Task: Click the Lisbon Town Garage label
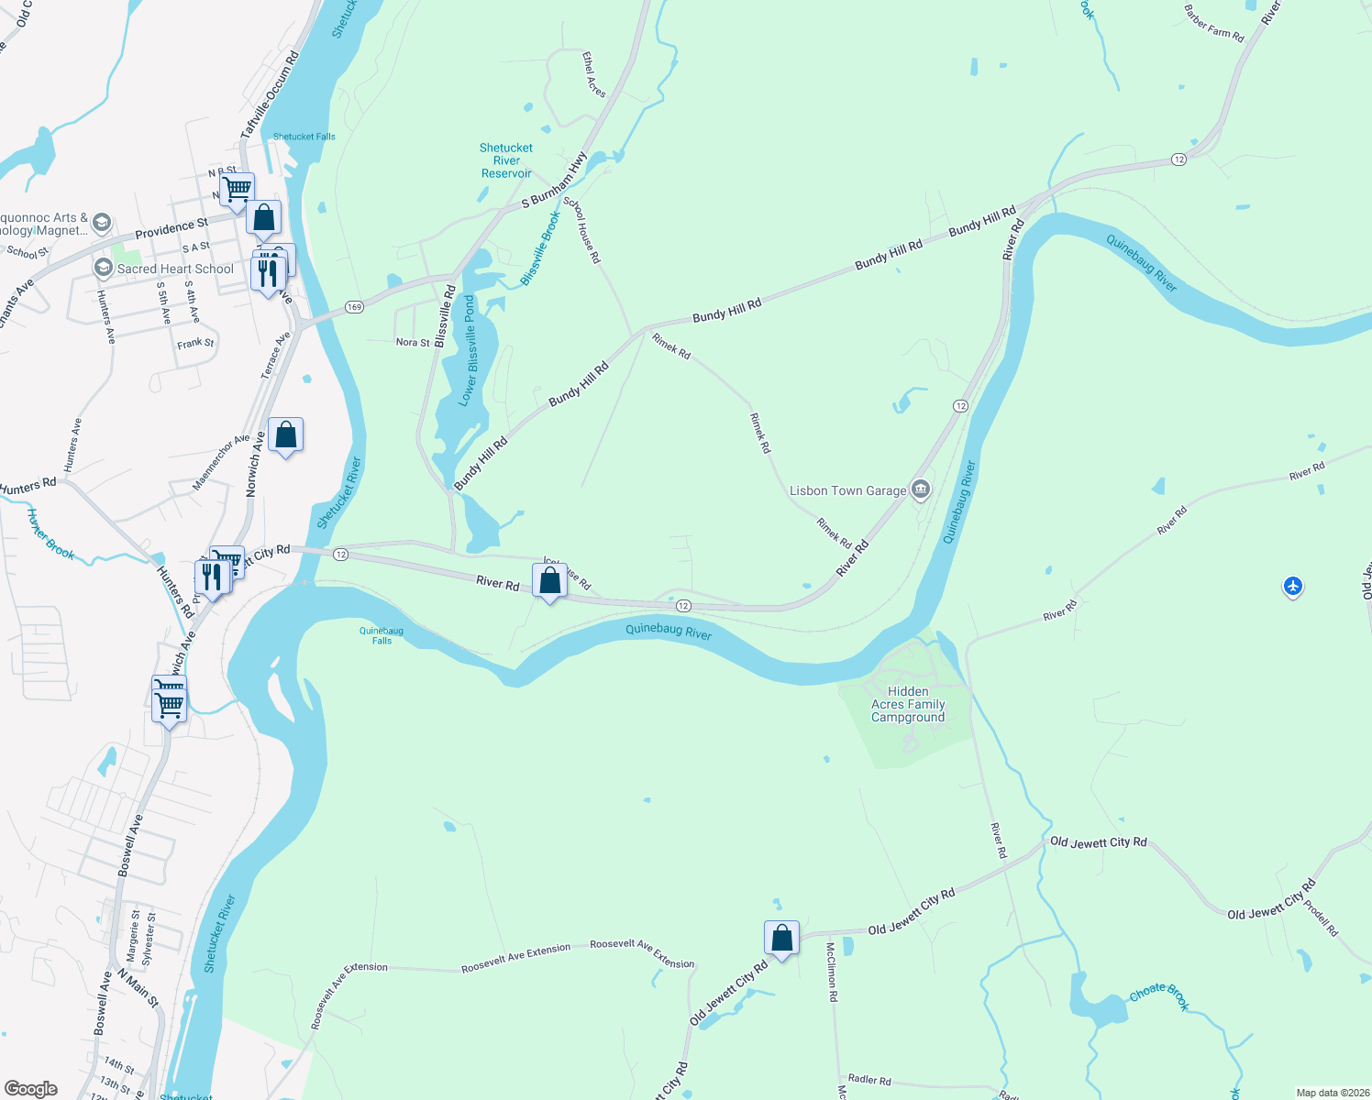[x=847, y=491]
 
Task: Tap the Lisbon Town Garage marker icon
[x=921, y=489]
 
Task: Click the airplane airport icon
[x=1292, y=586]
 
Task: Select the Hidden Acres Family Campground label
[x=908, y=704]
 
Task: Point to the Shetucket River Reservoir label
[x=506, y=160]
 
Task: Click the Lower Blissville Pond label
[x=469, y=350]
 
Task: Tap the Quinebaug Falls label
[x=382, y=635]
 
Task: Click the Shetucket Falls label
[x=304, y=137]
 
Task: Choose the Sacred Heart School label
[x=175, y=269]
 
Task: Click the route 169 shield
[x=355, y=307]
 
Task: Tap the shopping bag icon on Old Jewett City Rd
[x=781, y=938]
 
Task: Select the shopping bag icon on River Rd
[x=549, y=580]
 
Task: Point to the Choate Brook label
[x=1160, y=996]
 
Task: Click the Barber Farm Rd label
[x=1213, y=24]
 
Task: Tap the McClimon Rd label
[x=832, y=971]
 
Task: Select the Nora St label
[x=413, y=343]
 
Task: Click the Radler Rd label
[x=869, y=1080]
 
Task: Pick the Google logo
[x=31, y=1088]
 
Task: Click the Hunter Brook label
[x=50, y=534]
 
